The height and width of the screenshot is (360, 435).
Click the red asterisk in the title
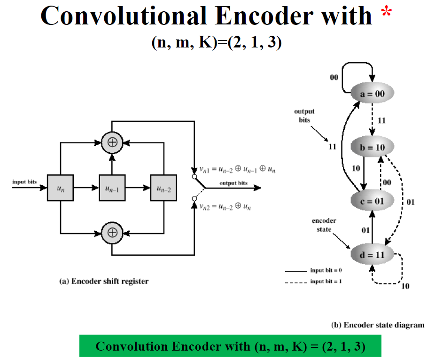click(x=386, y=13)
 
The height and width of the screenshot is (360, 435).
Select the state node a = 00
click(x=372, y=94)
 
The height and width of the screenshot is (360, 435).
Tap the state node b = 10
click(x=372, y=147)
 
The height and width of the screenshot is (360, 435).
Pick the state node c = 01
click(x=372, y=201)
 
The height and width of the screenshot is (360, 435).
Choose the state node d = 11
click(x=372, y=255)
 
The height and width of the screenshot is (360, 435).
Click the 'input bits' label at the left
click(x=24, y=182)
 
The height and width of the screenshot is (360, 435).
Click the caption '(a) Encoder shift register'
click(x=104, y=282)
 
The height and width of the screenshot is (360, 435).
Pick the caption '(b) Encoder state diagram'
click(x=378, y=325)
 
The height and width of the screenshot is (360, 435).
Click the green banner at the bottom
click(x=230, y=346)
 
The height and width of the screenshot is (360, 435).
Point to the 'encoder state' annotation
click(x=324, y=225)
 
